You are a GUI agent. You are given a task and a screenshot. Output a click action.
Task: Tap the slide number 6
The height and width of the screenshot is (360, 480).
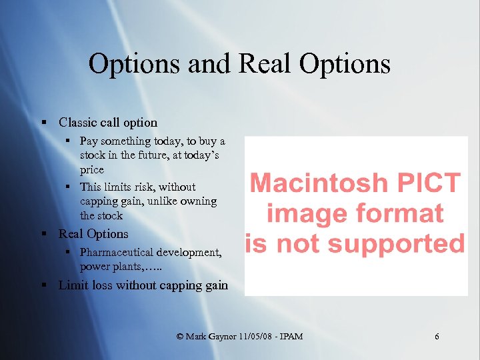click(x=437, y=337)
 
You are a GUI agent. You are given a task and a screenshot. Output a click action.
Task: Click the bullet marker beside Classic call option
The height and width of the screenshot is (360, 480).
click(x=43, y=123)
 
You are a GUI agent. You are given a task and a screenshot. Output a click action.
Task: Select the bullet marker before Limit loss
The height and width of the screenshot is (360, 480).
click(x=43, y=285)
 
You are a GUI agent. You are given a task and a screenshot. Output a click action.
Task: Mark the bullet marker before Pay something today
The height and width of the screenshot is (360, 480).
click(x=69, y=141)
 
